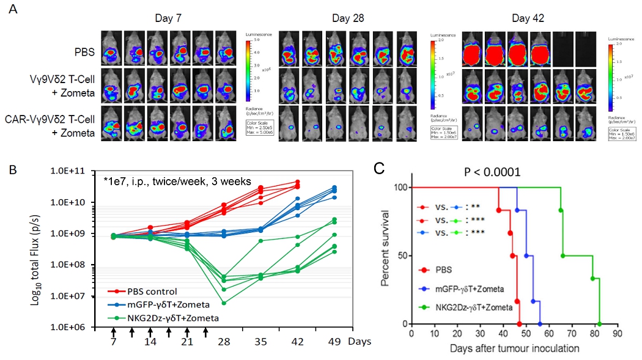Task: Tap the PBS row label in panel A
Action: coord(86,53)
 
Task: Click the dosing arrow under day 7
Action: coord(114,332)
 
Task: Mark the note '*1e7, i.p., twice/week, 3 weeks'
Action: coord(172,182)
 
